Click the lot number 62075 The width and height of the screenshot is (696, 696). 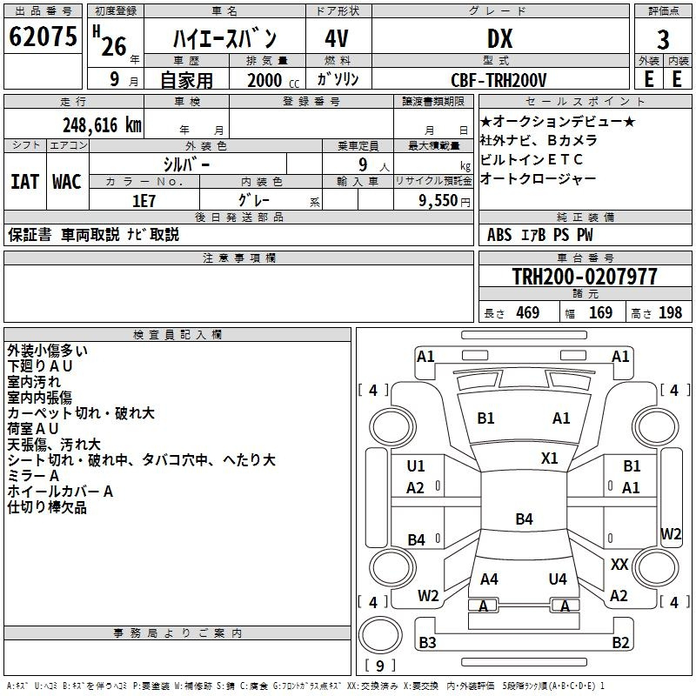[x=43, y=37]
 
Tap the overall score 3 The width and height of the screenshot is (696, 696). [x=663, y=39]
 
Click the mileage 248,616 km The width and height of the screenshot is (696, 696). [x=102, y=125]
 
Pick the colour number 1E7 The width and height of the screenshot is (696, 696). [x=144, y=200]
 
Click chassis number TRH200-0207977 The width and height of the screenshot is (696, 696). [x=585, y=277]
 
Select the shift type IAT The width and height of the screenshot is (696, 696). [x=24, y=182]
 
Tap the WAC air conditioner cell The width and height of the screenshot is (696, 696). [x=67, y=182]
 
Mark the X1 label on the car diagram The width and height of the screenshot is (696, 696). [x=550, y=458]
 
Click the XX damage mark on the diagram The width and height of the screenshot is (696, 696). [x=619, y=565]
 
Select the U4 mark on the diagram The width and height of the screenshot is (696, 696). [x=558, y=579]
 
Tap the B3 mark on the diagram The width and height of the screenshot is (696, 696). [x=427, y=643]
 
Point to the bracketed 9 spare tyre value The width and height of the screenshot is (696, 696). [x=378, y=666]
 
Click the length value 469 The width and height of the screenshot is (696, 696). [x=527, y=312]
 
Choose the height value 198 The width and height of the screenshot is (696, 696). [x=670, y=312]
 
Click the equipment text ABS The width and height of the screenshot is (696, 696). [x=499, y=234]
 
